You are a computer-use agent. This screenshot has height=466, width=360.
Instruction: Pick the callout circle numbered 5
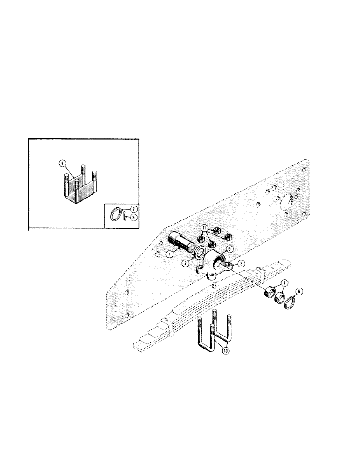point(229,249)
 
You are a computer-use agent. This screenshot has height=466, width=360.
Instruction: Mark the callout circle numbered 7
point(133,210)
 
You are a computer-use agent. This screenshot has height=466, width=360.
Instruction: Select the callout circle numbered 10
point(226,351)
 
